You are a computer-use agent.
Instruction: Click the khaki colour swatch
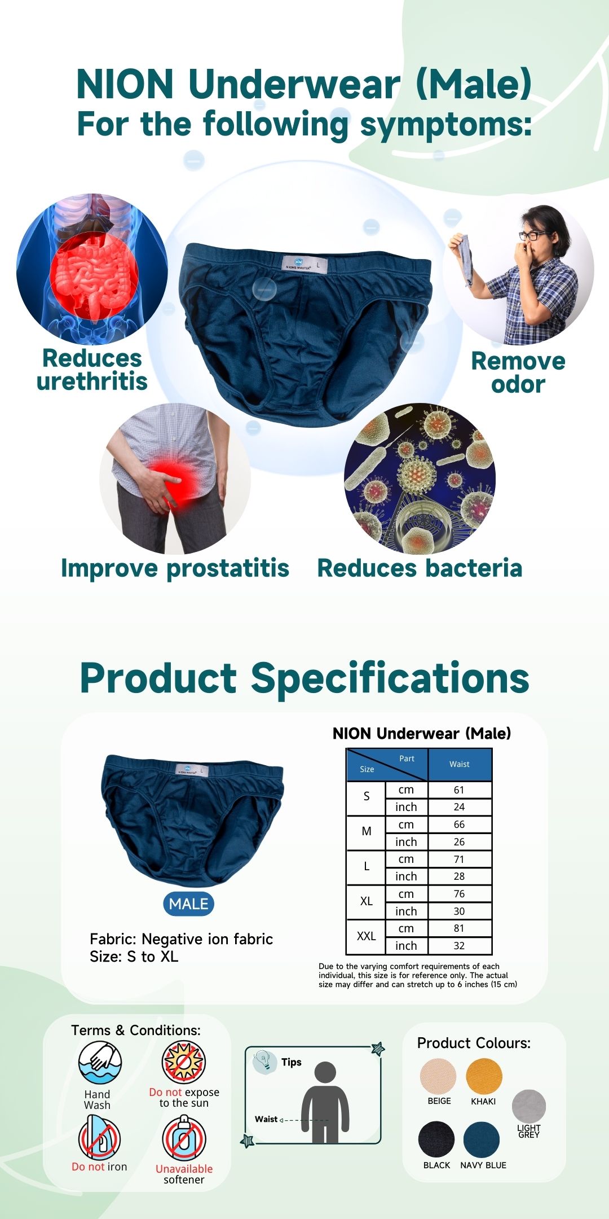484,1076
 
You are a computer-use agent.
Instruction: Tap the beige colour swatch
438,1076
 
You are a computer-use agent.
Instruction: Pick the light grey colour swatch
529,1107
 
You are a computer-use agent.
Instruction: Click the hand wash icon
100,1063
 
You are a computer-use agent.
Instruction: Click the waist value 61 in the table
459,790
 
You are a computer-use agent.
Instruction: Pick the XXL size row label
367,936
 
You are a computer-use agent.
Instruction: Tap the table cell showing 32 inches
460,945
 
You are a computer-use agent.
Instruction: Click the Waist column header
460,764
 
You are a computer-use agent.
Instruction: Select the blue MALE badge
188,904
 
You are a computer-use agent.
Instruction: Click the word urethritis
92,382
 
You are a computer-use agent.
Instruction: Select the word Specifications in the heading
390,678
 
